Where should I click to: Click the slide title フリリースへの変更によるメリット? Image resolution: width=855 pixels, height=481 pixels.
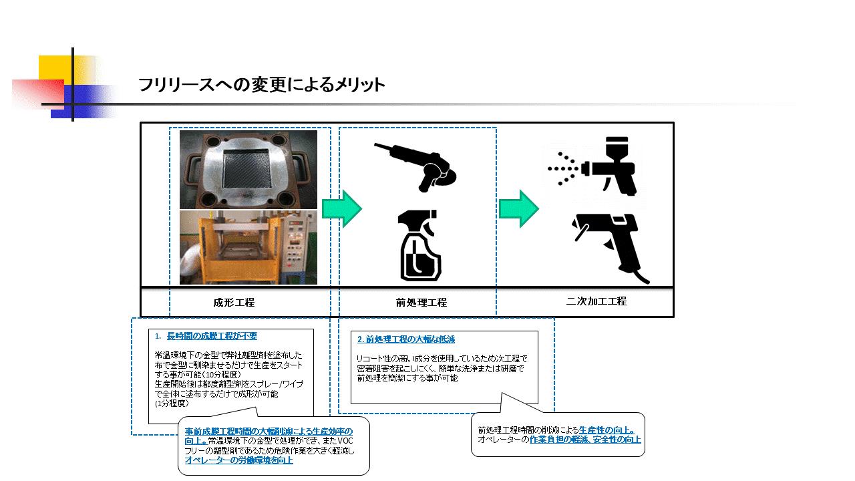click(x=261, y=85)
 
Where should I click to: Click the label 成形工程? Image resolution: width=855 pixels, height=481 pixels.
click(x=234, y=302)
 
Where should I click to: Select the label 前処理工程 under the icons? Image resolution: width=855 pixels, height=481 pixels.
click(x=421, y=302)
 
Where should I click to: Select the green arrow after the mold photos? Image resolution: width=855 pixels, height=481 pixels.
click(x=341, y=208)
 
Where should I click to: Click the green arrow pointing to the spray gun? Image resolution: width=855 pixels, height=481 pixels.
click(x=519, y=208)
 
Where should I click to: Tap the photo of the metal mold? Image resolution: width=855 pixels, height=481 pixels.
click(x=248, y=169)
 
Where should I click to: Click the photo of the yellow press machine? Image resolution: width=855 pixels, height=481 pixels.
click(x=248, y=247)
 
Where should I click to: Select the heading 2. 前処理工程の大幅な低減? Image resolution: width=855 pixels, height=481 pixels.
click(x=406, y=339)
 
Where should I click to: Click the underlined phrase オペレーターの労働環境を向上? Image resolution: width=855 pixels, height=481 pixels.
click(x=238, y=460)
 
